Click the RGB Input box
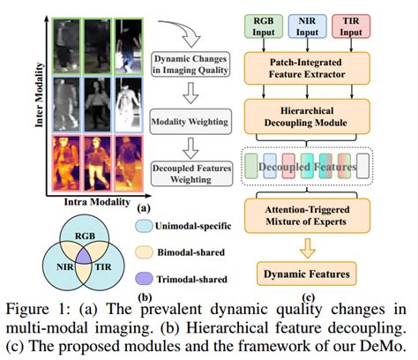coord(264,26)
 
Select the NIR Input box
coord(307,26)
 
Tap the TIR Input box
coord(351,26)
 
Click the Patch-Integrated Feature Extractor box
coord(307,68)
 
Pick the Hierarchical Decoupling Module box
coord(307,116)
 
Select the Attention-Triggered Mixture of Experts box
coord(307,215)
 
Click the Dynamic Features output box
coord(307,274)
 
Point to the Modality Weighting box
coord(190,122)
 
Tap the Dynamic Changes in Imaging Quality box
coord(190,64)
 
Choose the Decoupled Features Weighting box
coord(191,174)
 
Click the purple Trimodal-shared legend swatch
coord(144,279)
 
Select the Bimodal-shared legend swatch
coord(144,252)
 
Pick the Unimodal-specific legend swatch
coord(144,226)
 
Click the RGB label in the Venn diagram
coord(85,236)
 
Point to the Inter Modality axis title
coord(39,94)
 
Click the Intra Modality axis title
coord(97,202)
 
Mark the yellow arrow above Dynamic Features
coord(308,248)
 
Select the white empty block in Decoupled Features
coord(362,166)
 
